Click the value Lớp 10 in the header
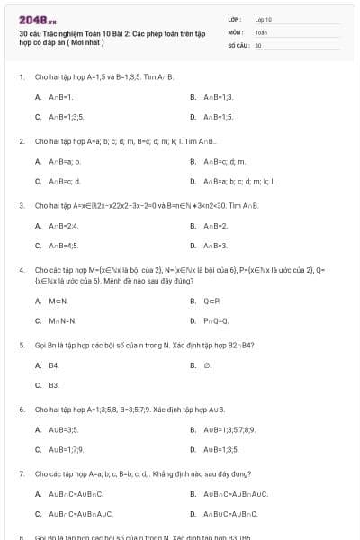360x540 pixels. point(264,18)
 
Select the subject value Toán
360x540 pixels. point(262,31)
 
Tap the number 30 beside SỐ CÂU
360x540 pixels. point(258,44)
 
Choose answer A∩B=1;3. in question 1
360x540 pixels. point(218,96)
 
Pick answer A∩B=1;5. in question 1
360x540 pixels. point(218,117)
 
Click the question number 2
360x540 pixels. point(21,141)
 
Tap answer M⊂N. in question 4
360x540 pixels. point(58,301)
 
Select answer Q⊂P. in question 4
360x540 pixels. point(211,301)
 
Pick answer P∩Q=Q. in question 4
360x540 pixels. point(215,320)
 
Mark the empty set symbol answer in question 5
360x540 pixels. point(207,365)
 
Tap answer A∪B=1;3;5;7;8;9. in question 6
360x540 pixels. point(229,429)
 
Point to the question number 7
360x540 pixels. point(21,472)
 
